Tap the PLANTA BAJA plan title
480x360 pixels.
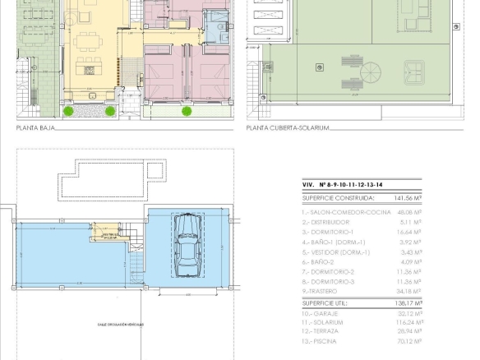(x=35, y=128)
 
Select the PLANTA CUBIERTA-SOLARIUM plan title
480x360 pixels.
(x=288, y=128)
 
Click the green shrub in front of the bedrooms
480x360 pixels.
(x=187, y=111)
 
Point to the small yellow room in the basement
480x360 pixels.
(x=108, y=233)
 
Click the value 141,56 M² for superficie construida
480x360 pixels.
(x=407, y=198)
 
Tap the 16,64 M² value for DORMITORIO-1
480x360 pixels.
(x=408, y=233)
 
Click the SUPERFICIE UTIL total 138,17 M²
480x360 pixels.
(x=408, y=303)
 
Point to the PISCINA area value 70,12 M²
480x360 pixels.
(x=408, y=341)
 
